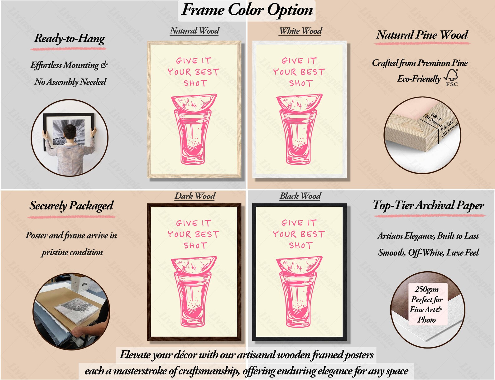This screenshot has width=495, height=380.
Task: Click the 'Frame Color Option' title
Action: click(247, 10)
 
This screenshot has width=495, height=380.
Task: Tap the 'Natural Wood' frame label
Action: click(195, 31)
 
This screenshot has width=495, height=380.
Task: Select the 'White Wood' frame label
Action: click(301, 31)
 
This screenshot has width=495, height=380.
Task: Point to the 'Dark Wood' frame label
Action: click(195, 196)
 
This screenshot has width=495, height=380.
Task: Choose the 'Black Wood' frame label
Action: click(300, 196)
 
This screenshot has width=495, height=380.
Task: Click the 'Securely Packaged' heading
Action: click(71, 206)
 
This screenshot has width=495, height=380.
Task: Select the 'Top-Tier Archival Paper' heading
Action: click(428, 205)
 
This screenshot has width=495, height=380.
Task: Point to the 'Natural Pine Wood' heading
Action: click(422, 35)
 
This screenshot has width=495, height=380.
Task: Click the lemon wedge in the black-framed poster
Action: click(299, 264)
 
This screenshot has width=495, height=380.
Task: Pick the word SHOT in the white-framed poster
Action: click(301, 83)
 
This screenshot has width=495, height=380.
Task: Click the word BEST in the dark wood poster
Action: click(207, 234)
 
